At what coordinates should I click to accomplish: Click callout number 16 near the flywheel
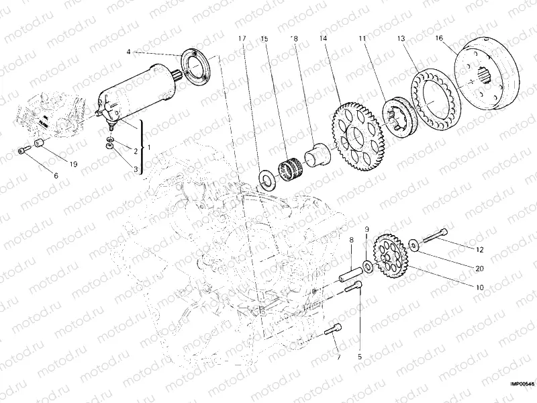[x=439, y=38]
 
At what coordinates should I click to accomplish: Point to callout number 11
[x=362, y=38]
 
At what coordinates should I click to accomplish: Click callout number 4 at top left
[x=128, y=51]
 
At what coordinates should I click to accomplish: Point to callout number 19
[x=73, y=162]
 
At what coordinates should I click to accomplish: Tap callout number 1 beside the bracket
[x=149, y=146]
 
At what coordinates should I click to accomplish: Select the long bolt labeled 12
[x=436, y=234]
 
